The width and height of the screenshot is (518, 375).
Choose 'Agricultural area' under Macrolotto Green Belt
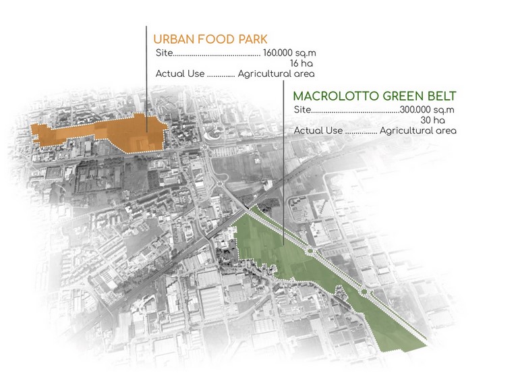coord(418,131)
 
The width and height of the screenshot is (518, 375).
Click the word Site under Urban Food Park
coord(163,52)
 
